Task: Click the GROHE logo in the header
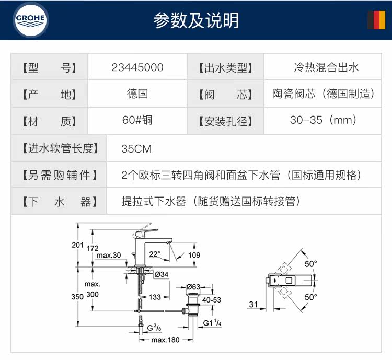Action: coord(31,20)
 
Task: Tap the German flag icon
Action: coord(375,20)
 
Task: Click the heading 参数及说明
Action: coord(196,20)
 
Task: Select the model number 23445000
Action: coord(137,67)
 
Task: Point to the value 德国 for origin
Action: coord(137,94)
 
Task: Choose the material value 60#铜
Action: coord(137,121)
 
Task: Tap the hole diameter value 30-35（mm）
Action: coord(323,121)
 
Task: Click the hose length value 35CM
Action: coord(136,148)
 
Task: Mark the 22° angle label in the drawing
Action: coord(155,253)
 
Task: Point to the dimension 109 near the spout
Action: coord(194,255)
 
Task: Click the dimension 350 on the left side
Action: coord(77,296)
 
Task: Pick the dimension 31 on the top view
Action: coord(253,304)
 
